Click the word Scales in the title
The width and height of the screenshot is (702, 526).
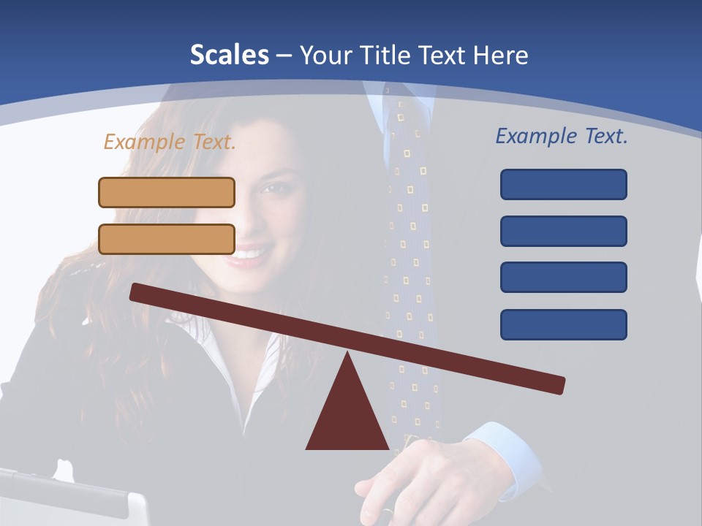pos(229,55)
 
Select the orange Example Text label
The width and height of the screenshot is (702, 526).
pos(170,142)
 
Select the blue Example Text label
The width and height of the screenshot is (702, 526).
pos(562,136)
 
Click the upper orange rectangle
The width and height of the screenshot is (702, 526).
pos(167,192)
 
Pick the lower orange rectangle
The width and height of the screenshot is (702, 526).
pos(167,239)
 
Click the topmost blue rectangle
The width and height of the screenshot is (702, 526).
pos(563,184)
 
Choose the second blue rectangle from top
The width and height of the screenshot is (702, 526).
pos(563,231)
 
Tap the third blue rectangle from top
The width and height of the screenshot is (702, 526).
pos(563,277)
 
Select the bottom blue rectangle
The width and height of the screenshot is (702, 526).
pos(563,324)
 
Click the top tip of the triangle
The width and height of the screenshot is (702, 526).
pos(348,355)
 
